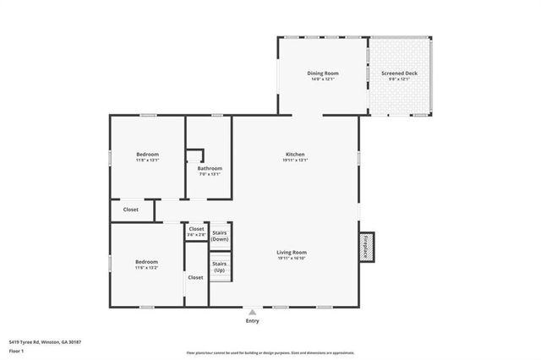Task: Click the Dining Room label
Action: [x=321, y=74]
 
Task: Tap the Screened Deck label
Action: [x=399, y=74]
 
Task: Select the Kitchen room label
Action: [x=295, y=155]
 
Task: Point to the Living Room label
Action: [x=292, y=252]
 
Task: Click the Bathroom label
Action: [x=210, y=168]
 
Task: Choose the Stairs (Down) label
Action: [x=220, y=235]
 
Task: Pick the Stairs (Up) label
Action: [x=219, y=267]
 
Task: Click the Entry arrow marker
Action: [x=252, y=311]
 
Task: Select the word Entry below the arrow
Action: [x=252, y=321]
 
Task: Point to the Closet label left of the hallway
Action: [x=131, y=209]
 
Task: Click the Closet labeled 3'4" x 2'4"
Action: [x=196, y=231]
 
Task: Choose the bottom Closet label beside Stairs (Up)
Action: [x=195, y=277]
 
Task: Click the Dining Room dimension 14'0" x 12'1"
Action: [x=321, y=79]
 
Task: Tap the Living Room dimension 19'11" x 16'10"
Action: [x=292, y=258]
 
